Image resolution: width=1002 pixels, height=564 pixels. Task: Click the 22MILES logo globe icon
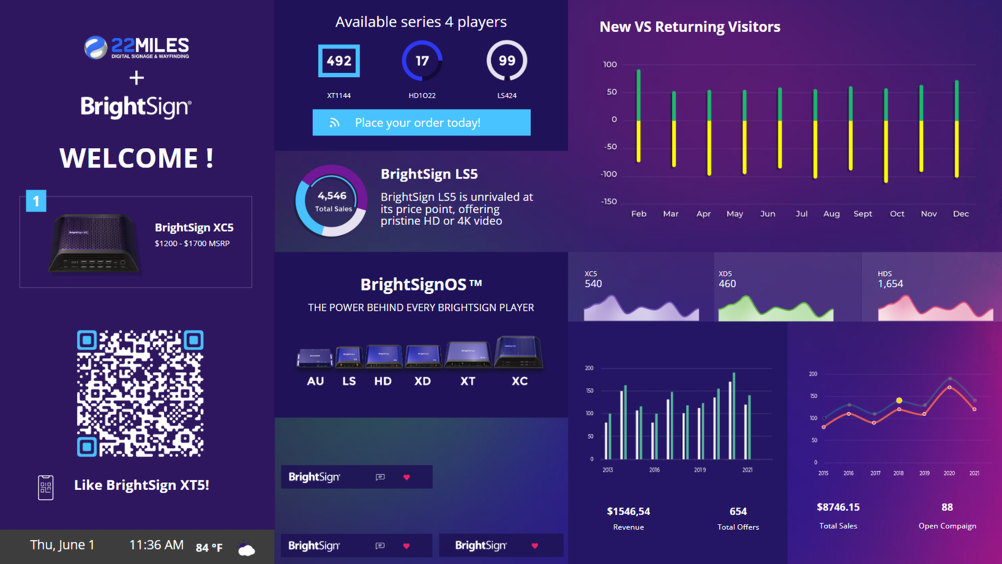[96, 48]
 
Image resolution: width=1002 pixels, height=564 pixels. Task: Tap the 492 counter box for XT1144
[339, 61]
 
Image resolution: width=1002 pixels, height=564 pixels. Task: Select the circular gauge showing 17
[422, 61]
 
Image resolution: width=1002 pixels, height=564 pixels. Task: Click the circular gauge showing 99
[507, 61]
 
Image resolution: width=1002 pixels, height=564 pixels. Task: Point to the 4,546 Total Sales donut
[332, 201]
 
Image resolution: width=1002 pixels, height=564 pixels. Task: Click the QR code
[140, 393]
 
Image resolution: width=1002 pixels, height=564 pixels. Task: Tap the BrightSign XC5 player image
[94, 243]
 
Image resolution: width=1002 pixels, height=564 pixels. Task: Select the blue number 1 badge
[36, 201]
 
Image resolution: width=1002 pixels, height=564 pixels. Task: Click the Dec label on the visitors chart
[961, 214]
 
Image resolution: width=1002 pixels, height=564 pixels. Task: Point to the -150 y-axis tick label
[609, 201]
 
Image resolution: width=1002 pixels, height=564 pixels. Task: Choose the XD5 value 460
[727, 284]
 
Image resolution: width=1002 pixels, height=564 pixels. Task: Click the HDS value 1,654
[890, 284]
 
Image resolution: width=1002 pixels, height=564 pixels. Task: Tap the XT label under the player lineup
[468, 381]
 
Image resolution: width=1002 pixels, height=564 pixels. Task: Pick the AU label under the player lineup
[315, 381]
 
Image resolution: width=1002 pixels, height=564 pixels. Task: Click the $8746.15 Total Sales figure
[838, 507]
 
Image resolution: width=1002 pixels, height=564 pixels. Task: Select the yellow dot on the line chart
[899, 401]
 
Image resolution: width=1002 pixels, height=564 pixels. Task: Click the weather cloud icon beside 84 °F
[246, 549]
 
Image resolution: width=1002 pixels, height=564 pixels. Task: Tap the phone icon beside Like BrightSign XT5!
[46, 488]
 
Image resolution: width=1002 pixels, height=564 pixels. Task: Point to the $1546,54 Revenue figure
[628, 511]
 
